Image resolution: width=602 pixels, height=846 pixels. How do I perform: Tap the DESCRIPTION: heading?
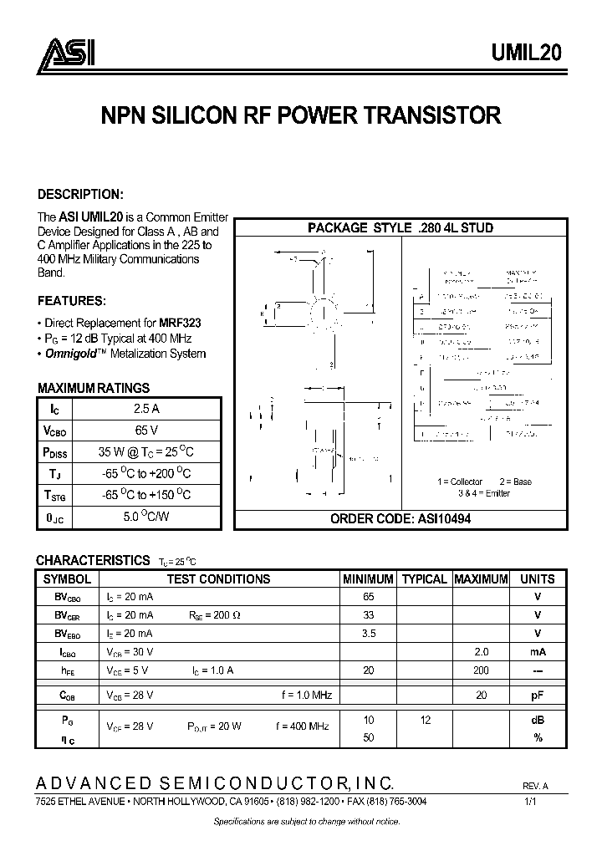[x=80, y=194]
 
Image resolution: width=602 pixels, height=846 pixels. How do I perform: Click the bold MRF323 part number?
[x=181, y=322]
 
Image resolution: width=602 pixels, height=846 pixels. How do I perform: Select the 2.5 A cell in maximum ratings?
[x=146, y=409]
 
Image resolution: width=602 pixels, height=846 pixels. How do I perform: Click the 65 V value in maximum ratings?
[x=146, y=431]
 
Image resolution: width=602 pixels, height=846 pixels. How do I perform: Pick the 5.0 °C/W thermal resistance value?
[x=146, y=517]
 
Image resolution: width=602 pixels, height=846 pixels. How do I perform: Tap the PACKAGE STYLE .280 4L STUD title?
[x=400, y=227]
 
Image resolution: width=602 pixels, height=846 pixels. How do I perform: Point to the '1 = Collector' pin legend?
[x=460, y=482]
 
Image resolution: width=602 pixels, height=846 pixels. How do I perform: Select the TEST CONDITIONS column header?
[x=218, y=578]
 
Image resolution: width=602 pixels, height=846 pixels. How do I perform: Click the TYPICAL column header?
[x=425, y=578]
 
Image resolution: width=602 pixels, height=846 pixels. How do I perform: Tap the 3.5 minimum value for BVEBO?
[x=368, y=634]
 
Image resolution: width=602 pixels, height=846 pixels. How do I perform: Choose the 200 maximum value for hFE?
[x=481, y=670]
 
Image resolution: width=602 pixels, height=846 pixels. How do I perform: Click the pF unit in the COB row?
[x=537, y=695]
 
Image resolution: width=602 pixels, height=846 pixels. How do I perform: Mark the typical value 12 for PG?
[x=425, y=720]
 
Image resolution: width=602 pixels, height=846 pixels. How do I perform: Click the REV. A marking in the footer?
[x=536, y=787]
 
